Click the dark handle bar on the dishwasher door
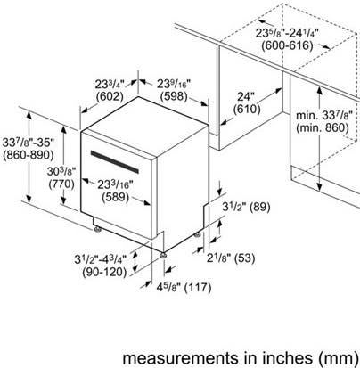pos(115,162)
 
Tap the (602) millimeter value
pos(110,96)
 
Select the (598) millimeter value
pos(174,96)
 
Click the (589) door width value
pos(116,198)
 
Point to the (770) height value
pos(61,184)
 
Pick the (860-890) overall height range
pos(29,155)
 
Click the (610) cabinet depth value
pos(247,110)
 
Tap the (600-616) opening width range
pos(287,45)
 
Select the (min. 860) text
pos(323,127)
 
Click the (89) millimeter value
pos(260,207)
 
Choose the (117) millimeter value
pos(198,287)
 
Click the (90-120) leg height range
pos(104,272)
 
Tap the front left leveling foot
pos(97,230)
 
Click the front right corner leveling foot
pos(163,255)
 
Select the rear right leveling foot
pos(198,234)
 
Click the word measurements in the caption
pos(180,358)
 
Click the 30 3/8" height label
pos(61,171)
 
